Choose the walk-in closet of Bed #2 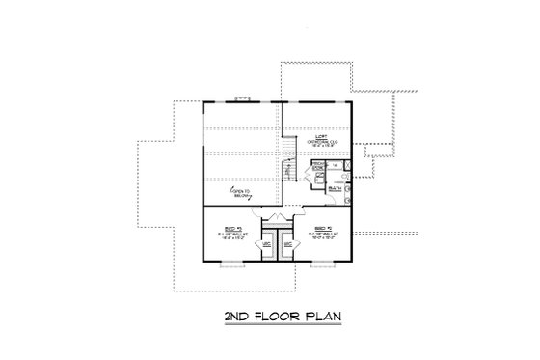(289, 246)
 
